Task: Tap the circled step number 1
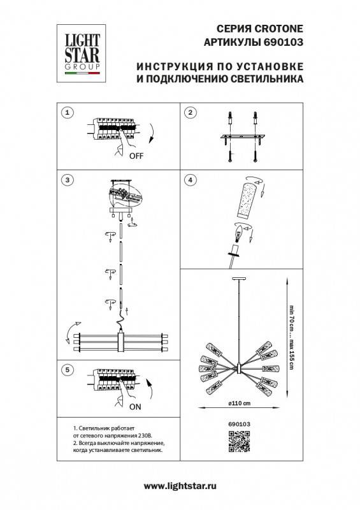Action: [67, 113]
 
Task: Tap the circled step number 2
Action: [189, 113]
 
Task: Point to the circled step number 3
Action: [67, 181]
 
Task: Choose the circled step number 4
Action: [189, 181]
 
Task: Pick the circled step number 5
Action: [67, 370]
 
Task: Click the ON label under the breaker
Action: [135, 405]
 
